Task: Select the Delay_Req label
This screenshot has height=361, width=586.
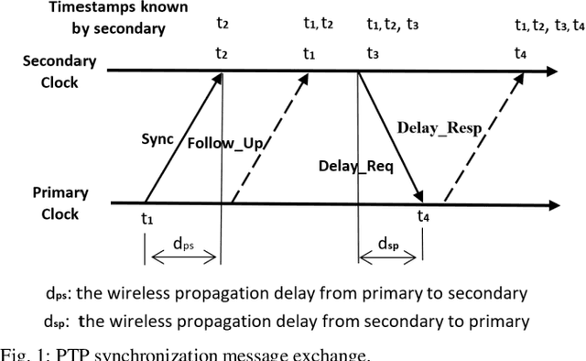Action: click(x=350, y=166)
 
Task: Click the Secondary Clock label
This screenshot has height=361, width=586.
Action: click(x=59, y=71)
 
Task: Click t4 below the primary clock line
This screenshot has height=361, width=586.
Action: click(x=422, y=216)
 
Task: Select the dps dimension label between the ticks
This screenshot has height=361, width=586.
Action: click(x=183, y=245)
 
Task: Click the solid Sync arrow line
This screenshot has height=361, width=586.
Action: click(x=183, y=137)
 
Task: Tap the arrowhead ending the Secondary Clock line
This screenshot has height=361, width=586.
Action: click(x=551, y=71)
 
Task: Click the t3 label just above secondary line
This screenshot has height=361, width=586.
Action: click(x=373, y=53)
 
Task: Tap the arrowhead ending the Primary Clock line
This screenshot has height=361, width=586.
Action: click(x=551, y=203)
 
